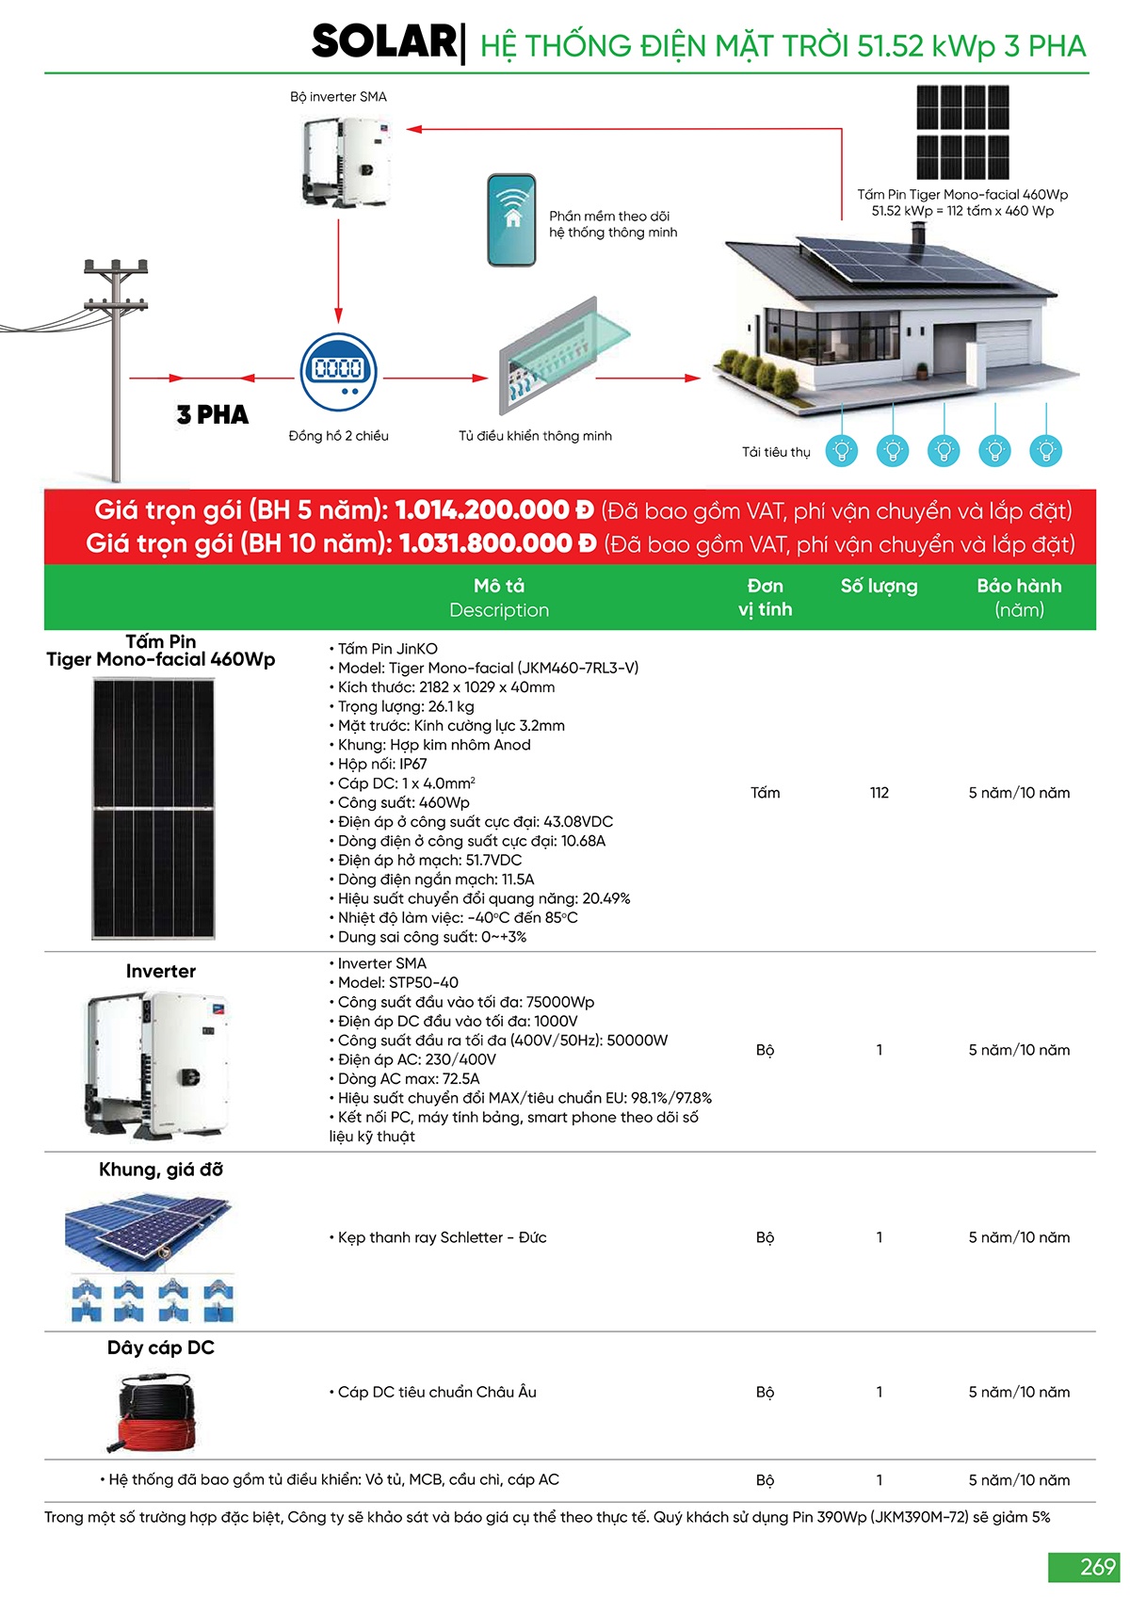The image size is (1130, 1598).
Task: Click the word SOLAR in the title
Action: click(383, 42)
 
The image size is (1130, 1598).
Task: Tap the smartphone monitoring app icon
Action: click(511, 220)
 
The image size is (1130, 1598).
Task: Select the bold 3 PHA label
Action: click(213, 415)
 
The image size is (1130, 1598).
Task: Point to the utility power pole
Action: click(116, 367)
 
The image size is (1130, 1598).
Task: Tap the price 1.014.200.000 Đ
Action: click(494, 510)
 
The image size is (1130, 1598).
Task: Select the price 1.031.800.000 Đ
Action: click(498, 544)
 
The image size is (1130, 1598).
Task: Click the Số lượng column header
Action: click(879, 587)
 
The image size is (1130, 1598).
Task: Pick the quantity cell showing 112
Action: click(880, 793)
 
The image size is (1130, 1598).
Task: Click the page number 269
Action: click(1097, 1567)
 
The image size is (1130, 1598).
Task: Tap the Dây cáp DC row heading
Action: click(161, 1348)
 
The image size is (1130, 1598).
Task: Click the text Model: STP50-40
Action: click(398, 982)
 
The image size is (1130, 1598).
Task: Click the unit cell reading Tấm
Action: click(765, 793)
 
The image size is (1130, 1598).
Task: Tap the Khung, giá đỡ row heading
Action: click(161, 1170)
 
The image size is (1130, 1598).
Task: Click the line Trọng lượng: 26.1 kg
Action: click(406, 706)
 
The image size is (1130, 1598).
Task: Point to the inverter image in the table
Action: click(158, 1063)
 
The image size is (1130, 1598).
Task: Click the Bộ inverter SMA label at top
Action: click(338, 97)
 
